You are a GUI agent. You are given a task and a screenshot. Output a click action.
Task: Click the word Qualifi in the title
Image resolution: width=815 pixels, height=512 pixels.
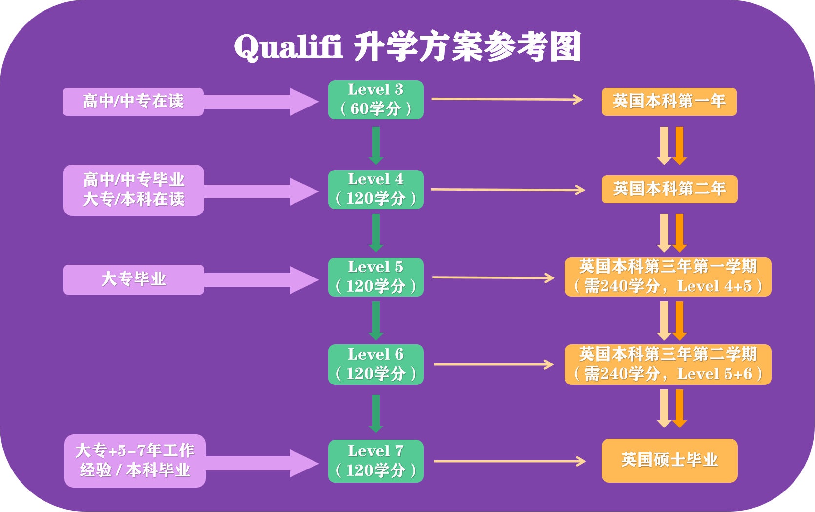click(x=288, y=47)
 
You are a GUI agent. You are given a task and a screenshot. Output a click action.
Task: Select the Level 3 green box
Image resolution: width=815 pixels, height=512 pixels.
click(x=376, y=100)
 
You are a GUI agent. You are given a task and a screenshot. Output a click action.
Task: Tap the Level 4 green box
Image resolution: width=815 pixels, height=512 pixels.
click(x=376, y=190)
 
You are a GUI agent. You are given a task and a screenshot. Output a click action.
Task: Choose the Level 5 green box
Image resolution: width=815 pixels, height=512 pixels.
click(x=376, y=277)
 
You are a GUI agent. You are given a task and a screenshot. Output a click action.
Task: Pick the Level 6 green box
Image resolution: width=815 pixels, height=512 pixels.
click(x=376, y=364)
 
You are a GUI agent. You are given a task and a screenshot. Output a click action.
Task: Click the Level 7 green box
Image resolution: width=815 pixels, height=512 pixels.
click(x=376, y=461)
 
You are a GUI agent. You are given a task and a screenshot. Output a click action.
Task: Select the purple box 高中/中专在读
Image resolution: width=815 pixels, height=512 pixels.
click(x=133, y=102)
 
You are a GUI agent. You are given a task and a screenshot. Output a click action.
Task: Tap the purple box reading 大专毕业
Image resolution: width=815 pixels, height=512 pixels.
click(x=133, y=279)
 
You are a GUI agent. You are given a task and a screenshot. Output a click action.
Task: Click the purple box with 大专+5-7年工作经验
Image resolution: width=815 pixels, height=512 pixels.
click(x=135, y=461)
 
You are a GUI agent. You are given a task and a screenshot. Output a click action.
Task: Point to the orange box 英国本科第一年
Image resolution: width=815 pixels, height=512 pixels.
click(x=669, y=102)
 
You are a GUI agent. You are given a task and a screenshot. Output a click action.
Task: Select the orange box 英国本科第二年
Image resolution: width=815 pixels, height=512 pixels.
click(x=669, y=189)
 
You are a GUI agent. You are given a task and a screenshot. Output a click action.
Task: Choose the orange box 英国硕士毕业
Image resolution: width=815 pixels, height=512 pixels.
click(x=669, y=460)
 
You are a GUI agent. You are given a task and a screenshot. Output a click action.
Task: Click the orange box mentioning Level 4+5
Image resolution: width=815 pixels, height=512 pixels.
click(x=668, y=277)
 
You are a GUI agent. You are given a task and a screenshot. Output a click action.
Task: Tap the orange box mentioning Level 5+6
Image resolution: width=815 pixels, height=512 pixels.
click(x=668, y=364)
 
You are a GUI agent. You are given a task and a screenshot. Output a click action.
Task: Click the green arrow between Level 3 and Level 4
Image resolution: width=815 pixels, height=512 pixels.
click(x=376, y=145)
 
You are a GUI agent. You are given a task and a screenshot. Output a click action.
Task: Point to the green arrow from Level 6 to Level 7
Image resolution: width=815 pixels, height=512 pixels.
click(x=376, y=413)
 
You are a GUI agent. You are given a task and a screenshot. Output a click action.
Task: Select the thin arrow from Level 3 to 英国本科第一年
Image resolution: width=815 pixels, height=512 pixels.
click(x=506, y=99)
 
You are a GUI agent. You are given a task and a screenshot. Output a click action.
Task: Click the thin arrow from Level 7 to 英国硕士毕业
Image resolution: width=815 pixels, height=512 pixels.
click(x=509, y=461)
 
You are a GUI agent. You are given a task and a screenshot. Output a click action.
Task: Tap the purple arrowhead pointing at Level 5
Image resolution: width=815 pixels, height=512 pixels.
click(x=304, y=280)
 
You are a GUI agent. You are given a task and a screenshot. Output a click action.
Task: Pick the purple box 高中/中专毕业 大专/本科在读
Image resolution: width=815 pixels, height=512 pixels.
click(x=133, y=190)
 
